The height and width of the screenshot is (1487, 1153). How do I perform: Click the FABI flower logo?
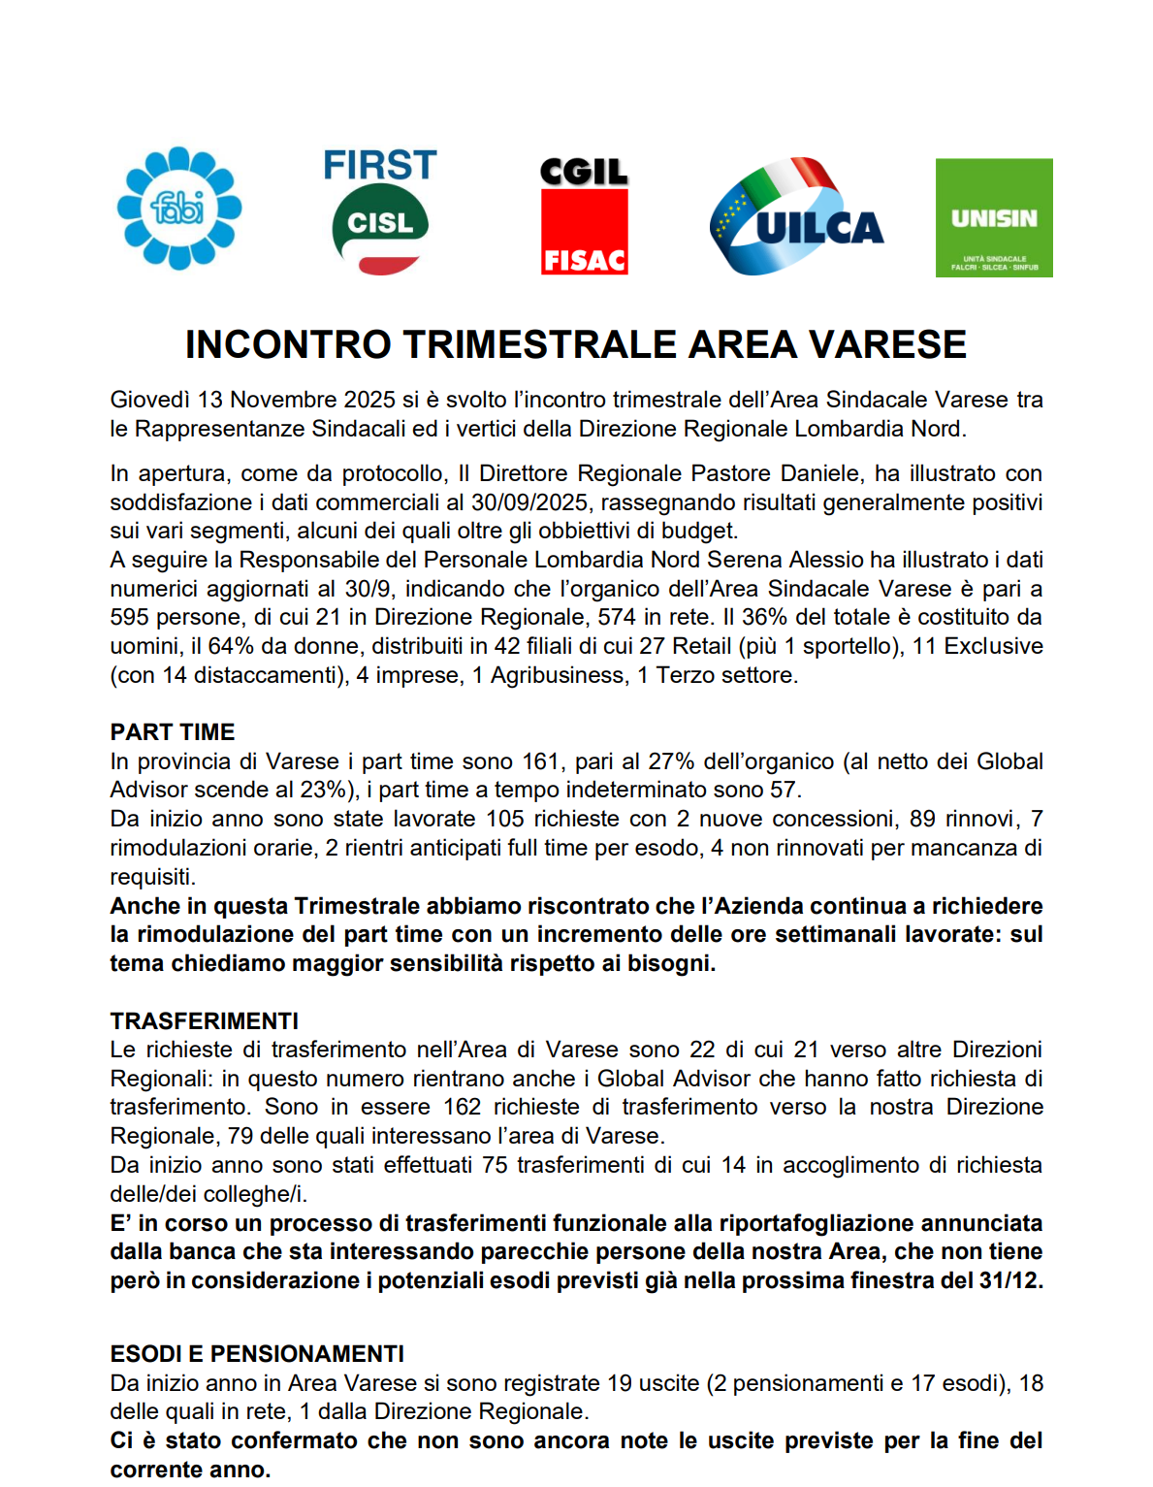(179, 208)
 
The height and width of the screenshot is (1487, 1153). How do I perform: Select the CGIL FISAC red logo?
(584, 216)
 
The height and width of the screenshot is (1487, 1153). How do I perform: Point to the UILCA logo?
(796, 216)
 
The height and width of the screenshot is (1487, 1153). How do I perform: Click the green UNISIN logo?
(994, 218)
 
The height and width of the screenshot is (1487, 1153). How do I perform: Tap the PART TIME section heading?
(173, 732)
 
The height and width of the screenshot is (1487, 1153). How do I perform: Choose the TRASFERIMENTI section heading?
(205, 1021)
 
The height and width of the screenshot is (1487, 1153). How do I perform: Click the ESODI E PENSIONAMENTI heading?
(257, 1354)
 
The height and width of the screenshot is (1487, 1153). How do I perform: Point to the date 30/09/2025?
(529, 502)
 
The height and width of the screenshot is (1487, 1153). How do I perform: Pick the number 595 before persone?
(129, 618)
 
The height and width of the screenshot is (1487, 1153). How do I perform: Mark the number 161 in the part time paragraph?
(541, 761)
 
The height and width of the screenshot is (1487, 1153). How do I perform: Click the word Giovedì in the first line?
(149, 400)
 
